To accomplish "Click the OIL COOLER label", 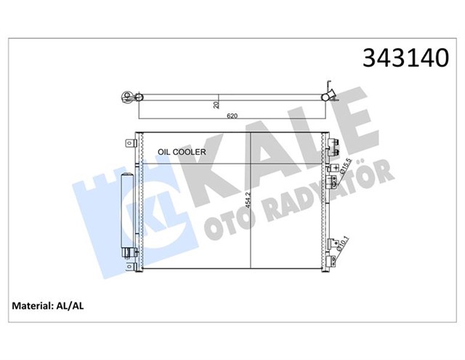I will coord(182,152).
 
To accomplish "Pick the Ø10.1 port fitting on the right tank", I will coord(332,244).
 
